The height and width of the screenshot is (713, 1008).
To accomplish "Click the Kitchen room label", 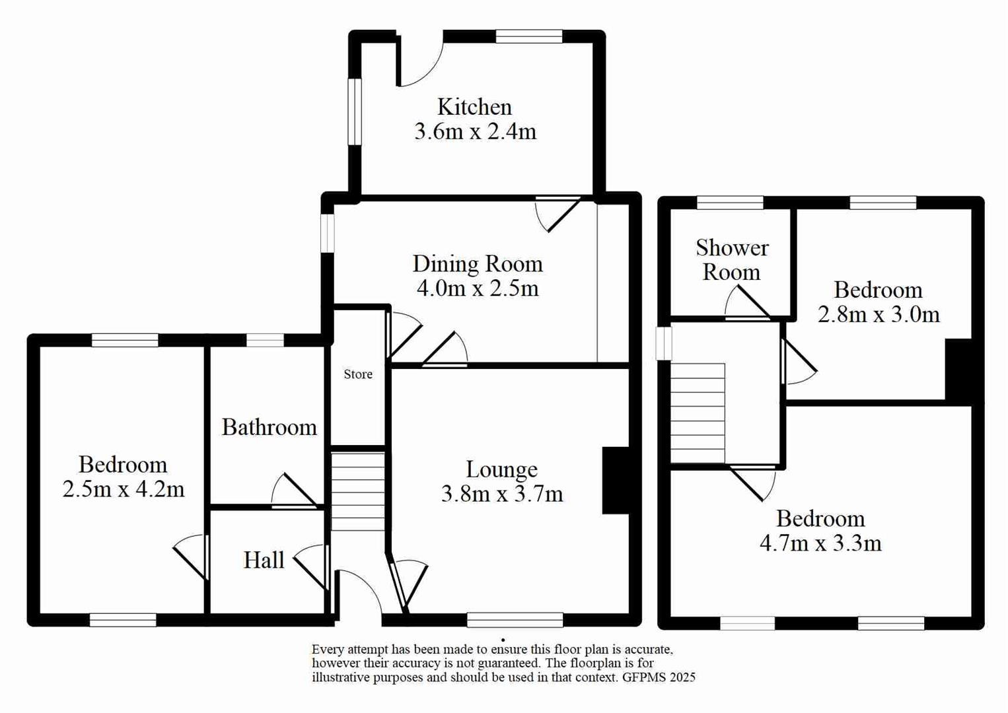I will point(474,107).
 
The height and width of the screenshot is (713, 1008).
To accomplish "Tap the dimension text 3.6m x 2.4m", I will point(475,131).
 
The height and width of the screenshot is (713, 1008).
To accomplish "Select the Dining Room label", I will point(477,264).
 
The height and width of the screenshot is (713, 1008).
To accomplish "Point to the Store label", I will point(358,374).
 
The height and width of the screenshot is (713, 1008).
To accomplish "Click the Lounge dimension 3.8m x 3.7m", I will point(501,494).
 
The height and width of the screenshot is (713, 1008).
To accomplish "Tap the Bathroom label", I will point(269,427).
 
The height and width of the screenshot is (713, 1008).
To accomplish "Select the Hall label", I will point(264,560).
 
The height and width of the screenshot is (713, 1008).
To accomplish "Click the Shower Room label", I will point(731,260).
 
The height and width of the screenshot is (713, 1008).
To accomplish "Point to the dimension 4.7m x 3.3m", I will point(820,543).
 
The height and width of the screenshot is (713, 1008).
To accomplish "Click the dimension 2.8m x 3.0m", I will point(878,314).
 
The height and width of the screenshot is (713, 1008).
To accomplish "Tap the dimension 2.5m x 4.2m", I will point(124,489).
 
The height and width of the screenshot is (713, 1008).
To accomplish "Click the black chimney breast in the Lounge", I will point(615,480).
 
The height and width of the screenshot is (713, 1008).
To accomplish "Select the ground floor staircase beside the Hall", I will point(357,491).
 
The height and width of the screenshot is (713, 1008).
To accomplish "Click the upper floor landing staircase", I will point(698,413).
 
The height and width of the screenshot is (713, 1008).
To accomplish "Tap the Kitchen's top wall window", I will point(528,36).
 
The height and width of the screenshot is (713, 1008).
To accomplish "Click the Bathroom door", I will point(295,492).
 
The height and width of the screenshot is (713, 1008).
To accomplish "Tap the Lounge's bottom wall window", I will point(515,619).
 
